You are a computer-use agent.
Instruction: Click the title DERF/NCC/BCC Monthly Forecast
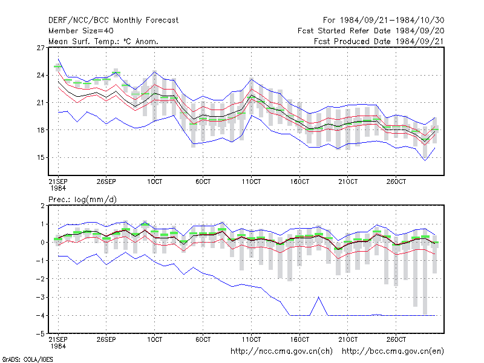click(x=113, y=21)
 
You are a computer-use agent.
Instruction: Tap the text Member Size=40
click(x=81, y=31)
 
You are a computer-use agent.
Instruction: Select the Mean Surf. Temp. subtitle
click(x=103, y=41)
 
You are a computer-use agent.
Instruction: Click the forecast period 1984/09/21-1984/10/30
click(x=384, y=21)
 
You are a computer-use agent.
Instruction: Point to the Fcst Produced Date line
click(x=379, y=41)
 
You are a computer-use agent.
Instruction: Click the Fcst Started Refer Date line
click(x=371, y=31)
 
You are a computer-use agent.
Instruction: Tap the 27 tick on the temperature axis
click(x=41, y=48)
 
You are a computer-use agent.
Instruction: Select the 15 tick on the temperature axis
click(x=41, y=157)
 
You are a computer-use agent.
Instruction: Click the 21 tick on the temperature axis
click(x=41, y=102)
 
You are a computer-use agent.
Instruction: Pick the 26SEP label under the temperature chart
click(x=106, y=181)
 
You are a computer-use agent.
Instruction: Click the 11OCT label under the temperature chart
click(x=251, y=181)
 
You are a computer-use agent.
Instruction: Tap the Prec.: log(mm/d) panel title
click(x=82, y=200)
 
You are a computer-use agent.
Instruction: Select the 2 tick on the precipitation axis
click(x=42, y=206)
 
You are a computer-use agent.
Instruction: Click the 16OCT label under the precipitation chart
click(x=299, y=339)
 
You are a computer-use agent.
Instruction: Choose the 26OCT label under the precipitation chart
click(x=396, y=339)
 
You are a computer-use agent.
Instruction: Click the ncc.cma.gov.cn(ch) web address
click(x=281, y=352)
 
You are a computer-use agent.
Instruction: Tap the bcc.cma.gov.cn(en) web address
click(x=393, y=352)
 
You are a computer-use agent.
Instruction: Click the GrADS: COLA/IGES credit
click(x=27, y=359)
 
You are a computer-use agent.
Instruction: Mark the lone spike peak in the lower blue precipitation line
click(x=319, y=297)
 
